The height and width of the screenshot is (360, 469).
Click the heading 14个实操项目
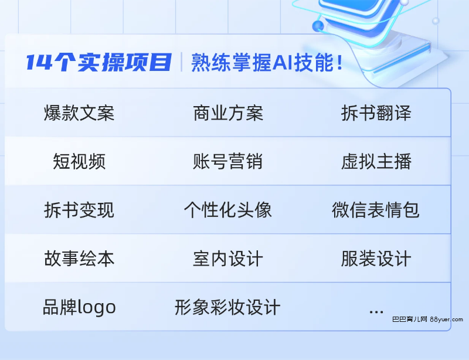(99, 62)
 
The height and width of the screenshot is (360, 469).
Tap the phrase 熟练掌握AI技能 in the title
(263, 63)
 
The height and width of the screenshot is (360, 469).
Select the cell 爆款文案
(79, 113)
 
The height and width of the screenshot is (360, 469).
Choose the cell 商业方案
(228, 113)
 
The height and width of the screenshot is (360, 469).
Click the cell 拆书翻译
(376, 113)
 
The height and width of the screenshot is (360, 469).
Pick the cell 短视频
(79, 161)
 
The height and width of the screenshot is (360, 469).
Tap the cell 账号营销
(228, 161)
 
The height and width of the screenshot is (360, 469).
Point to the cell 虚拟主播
(376, 161)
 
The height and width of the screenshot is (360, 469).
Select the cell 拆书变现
(79, 210)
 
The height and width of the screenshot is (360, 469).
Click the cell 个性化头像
(228, 210)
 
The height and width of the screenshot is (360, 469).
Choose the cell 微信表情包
(376, 210)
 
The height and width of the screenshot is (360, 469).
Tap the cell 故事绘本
(79, 259)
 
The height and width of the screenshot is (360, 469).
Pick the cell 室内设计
(228, 259)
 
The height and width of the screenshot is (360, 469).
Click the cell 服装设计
(376, 259)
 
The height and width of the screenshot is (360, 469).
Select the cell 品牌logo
(79, 307)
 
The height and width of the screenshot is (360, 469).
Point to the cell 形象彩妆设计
(227, 307)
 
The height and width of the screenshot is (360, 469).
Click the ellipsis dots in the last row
(376, 312)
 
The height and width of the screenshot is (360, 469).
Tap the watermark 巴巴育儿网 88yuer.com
(428, 320)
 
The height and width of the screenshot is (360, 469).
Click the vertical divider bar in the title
(182, 62)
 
